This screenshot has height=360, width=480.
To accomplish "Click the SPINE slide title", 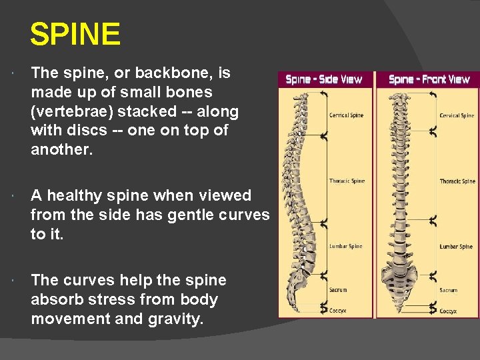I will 75,34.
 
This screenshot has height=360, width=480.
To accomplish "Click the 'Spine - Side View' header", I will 323,79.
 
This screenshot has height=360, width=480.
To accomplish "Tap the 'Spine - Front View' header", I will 429,79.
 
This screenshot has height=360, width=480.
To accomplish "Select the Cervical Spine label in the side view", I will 346,115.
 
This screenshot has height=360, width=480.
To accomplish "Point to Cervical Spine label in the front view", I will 457,115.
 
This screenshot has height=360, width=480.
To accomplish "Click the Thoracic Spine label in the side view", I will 346,181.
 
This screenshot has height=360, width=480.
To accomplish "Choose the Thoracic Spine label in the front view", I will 457,181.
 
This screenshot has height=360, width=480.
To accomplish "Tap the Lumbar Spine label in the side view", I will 345,246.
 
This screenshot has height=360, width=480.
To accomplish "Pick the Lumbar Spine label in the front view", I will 456,247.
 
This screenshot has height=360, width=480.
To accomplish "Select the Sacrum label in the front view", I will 448,291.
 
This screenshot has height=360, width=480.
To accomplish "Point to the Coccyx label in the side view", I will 337,311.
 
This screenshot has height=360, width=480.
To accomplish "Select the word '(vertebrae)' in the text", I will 70,111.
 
